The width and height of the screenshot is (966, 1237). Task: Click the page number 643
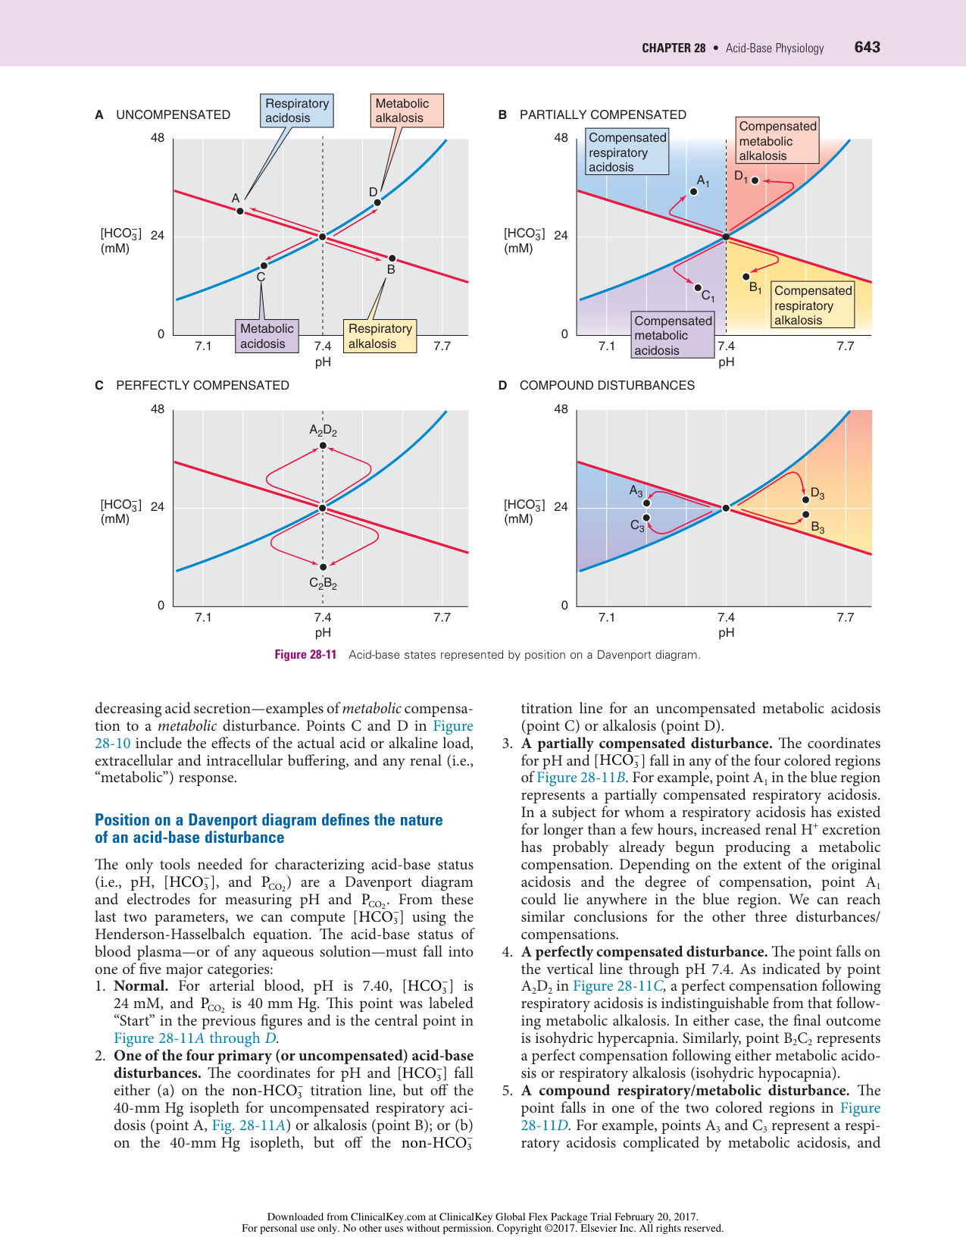coord(867,47)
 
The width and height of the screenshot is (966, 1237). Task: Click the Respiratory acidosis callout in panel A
coord(296,111)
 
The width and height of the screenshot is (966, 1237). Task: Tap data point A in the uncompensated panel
coord(240,211)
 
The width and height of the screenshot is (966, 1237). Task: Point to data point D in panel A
coord(377,202)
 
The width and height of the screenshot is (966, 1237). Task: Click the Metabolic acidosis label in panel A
coord(266,336)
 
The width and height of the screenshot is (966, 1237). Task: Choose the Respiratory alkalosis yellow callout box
coord(380,336)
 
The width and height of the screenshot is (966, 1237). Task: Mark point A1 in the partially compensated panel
coord(693,192)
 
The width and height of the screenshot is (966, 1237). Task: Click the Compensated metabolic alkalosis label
coord(777,141)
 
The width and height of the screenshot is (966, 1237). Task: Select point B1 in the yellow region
coord(746,277)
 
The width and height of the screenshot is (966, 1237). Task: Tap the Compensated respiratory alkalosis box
coord(812,305)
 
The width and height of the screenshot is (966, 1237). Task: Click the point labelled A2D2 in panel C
coord(323,446)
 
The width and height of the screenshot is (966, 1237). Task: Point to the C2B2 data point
coord(323,567)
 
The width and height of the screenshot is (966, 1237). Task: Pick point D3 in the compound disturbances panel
coord(805,499)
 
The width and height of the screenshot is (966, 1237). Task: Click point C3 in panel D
coord(646,518)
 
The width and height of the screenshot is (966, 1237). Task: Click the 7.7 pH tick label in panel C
coord(442,618)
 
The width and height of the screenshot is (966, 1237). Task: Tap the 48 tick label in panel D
coord(561,409)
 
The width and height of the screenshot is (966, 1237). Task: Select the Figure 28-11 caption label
coord(305,655)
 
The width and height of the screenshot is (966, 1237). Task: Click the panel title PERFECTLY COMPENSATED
coord(202,385)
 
